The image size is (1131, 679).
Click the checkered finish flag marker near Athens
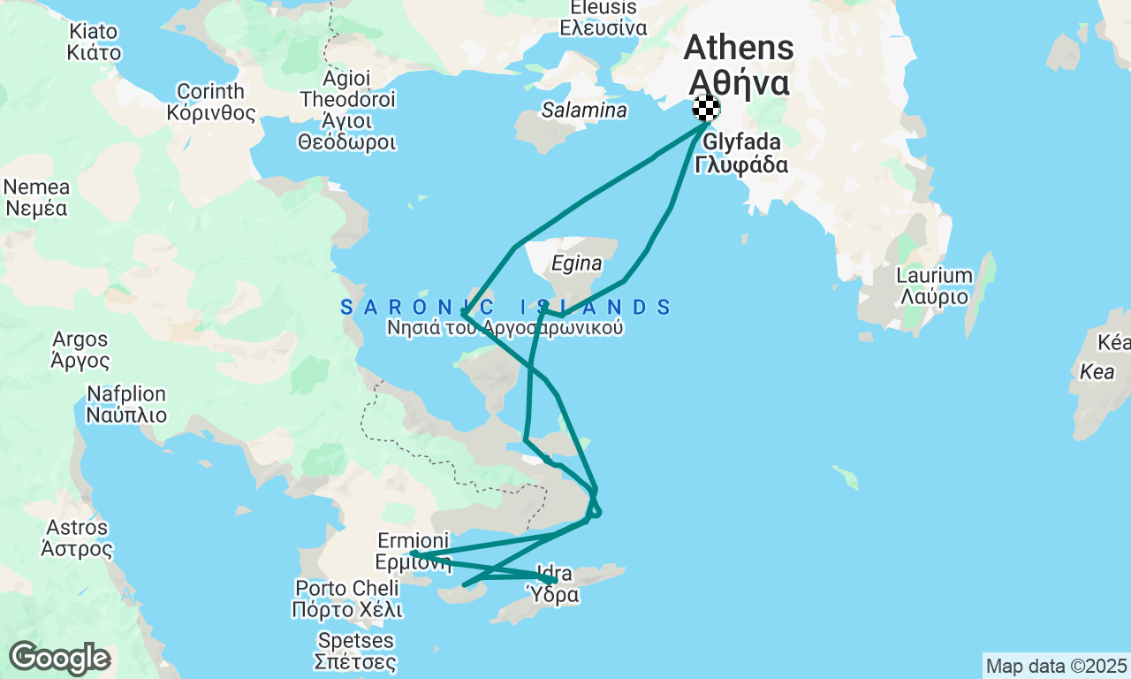(706, 108)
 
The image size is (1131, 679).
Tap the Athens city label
(739, 64)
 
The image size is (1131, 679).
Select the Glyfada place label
(742, 153)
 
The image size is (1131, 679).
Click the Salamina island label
(584, 111)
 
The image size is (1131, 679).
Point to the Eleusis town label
(598, 17)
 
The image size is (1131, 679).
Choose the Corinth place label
(211, 103)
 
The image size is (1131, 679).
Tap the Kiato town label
(94, 42)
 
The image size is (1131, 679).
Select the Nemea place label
(36, 198)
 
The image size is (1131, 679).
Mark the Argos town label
(80, 350)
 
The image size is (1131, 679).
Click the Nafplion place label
(126, 404)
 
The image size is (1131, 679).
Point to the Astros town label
(78, 538)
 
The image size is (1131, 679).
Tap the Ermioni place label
(414, 551)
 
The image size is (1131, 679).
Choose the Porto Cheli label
(347, 599)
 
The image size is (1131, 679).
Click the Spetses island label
(354, 651)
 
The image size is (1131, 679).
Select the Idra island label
(554, 584)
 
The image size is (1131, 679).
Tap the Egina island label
(576, 263)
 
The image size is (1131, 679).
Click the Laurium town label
(934, 286)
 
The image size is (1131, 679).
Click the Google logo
(59, 659)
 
